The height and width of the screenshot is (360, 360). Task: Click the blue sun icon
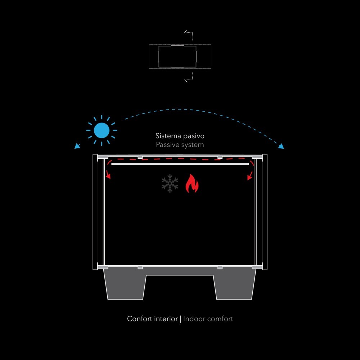[102, 130]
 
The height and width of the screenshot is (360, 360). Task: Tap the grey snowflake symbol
[170, 183]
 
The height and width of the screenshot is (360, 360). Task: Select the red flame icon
[192, 184]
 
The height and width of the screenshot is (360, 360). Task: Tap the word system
[192, 145]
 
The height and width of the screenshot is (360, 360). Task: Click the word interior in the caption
[166, 319]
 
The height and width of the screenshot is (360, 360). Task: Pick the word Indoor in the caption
[194, 319]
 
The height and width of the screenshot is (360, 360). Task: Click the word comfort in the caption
[220, 319]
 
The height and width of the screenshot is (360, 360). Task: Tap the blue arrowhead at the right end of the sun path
[281, 146]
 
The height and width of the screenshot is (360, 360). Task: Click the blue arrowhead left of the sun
[77, 146]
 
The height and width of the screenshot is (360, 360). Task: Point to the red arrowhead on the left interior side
[108, 176]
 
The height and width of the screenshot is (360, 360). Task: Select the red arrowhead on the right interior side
[249, 177]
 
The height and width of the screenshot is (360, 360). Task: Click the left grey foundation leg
[125, 284]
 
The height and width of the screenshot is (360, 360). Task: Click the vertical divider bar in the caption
[180, 319]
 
